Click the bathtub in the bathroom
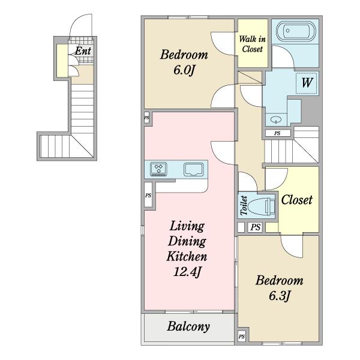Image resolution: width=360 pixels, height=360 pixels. (x=296, y=31)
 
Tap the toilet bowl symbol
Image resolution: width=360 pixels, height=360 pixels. (x=262, y=206)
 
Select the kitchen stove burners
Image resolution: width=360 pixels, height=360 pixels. (x=158, y=169)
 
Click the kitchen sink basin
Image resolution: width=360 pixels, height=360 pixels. (x=194, y=169)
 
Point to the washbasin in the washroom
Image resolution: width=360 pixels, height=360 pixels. (x=276, y=119)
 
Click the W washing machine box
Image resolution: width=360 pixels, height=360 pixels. (x=307, y=83)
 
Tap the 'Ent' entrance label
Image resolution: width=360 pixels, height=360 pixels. (x=83, y=51)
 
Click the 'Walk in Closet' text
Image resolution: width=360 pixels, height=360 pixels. (x=253, y=44)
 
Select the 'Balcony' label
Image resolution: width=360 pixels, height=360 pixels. (x=188, y=326)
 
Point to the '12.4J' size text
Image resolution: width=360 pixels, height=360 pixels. (x=187, y=272)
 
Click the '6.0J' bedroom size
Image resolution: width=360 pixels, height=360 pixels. (x=184, y=70)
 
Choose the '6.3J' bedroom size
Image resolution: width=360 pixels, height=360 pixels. (x=280, y=296)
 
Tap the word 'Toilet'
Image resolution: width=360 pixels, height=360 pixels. (x=244, y=205)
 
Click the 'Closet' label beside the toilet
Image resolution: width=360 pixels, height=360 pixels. (x=296, y=200)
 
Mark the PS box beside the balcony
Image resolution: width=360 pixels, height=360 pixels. (x=242, y=337)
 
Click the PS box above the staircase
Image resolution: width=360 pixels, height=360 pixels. (x=278, y=133)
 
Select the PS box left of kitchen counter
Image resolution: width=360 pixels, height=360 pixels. (x=148, y=195)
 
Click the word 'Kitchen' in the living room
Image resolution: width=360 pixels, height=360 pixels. (x=187, y=256)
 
